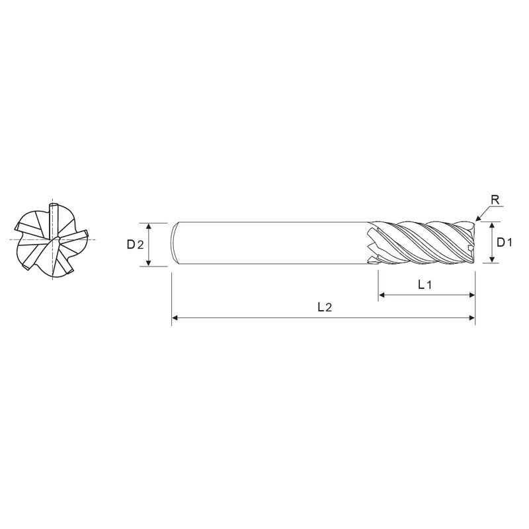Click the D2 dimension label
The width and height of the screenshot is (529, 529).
pyautogui.click(x=135, y=244)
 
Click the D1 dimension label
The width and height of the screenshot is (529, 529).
pyautogui.click(x=505, y=242)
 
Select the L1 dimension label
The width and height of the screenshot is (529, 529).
pyautogui.click(x=425, y=285)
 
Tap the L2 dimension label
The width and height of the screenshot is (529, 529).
pyautogui.click(x=325, y=307)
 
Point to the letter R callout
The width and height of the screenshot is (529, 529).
pyautogui.click(x=495, y=200)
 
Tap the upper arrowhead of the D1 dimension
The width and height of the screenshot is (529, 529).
pyautogui.click(x=492, y=225)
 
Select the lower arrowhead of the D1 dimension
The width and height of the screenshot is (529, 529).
pyautogui.click(x=492, y=259)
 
